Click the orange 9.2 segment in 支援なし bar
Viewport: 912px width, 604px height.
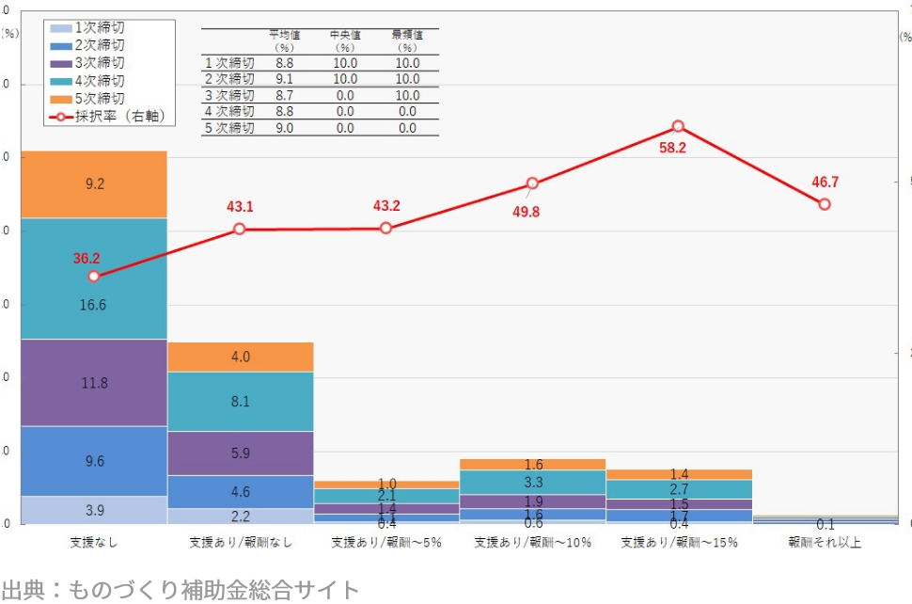point(94,184)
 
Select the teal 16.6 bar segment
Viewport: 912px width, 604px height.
point(94,305)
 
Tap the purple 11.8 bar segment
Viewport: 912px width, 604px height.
point(94,383)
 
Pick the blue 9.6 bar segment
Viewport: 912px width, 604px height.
point(94,461)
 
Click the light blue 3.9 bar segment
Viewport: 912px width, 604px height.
point(94,509)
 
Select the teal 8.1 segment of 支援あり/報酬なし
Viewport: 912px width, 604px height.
point(240,402)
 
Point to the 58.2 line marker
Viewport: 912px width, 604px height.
point(678,126)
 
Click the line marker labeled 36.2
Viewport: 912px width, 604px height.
point(94,277)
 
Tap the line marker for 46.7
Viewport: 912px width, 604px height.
point(825,204)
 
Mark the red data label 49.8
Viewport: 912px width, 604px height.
point(527,213)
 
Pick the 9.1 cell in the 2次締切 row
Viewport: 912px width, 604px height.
point(285,79)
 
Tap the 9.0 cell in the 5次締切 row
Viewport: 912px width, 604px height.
point(285,128)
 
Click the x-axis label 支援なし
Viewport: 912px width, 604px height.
point(94,543)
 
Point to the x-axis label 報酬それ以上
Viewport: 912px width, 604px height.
point(825,543)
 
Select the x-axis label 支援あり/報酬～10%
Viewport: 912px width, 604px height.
point(533,543)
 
